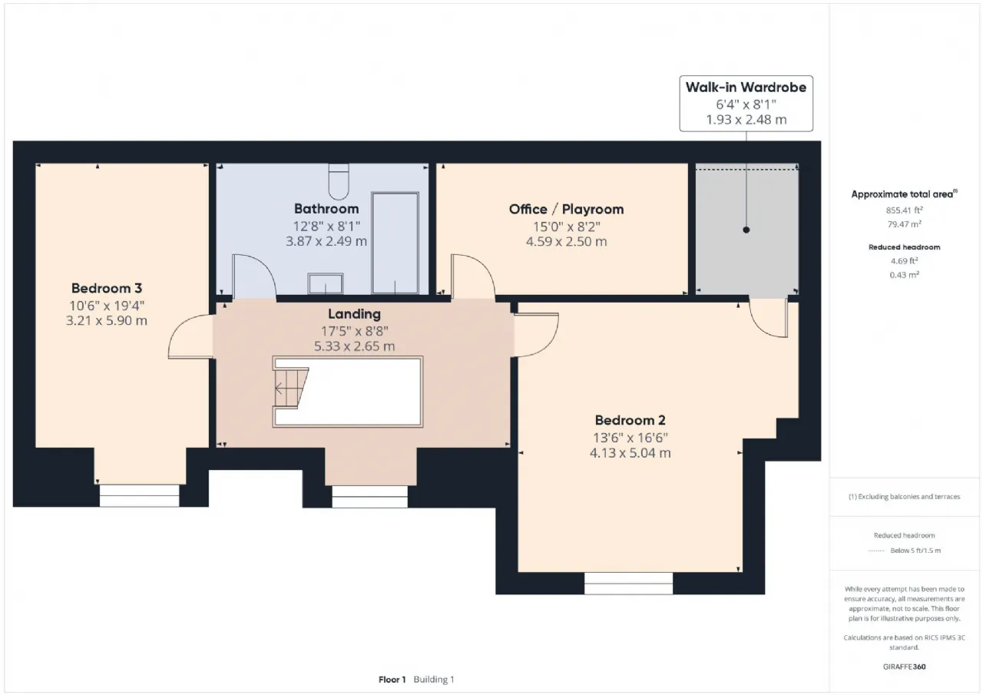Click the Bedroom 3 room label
click(107, 288)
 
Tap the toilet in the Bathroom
click(339, 182)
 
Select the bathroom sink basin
click(325, 283)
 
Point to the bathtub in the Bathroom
click(395, 243)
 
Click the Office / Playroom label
click(566, 210)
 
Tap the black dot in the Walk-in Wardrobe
click(746, 230)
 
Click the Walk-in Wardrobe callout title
click(746, 88)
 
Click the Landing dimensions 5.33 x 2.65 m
click(354, 346)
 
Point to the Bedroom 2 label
click(631, 420)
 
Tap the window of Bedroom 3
click(139, 496)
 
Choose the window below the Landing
click(369, 497)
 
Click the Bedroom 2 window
click(628, 584)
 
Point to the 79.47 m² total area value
click(904, 224)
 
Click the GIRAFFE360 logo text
click(904, 667)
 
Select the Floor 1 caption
click(392, 680)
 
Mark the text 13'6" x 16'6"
click(631, 438)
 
